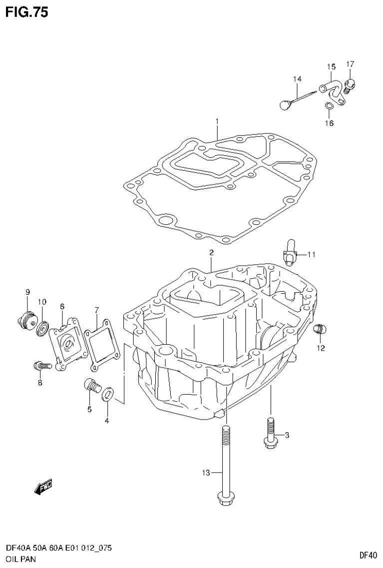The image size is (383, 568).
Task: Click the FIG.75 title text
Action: pos(27,12)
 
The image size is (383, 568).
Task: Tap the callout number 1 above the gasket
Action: pos(217,121)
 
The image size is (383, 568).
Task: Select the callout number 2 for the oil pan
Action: pos(212,253)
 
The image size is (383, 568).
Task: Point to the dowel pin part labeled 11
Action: pos(290,252)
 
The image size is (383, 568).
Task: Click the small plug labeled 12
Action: pos(319,329)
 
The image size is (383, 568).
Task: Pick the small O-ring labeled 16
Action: pos(328,106)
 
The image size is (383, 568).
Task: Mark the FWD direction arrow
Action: pos(43,487)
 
